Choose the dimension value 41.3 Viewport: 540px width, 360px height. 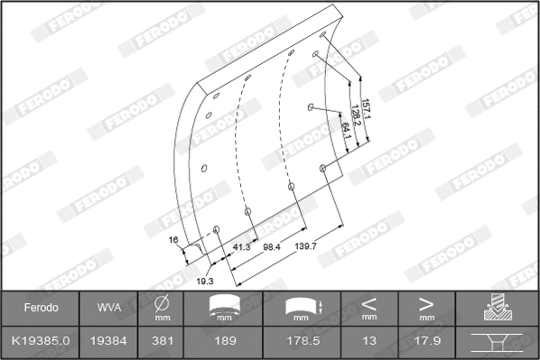241,246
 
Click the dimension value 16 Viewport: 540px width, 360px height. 174,241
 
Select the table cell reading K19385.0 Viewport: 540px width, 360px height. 41,341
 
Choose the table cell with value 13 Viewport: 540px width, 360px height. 368,341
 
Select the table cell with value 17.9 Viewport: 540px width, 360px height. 425,341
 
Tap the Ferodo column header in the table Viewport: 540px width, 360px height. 41,308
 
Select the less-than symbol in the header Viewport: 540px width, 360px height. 368,303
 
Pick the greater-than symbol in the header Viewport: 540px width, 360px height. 425,303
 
